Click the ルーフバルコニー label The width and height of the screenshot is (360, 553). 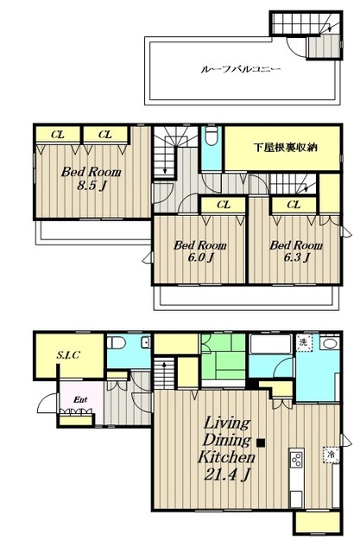pyautogui.click(x=241, y=69)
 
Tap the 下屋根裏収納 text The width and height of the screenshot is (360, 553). pyautogui.click(x=285, y=147)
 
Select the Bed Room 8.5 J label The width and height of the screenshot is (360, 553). pyautogui.click(x=92, y=178)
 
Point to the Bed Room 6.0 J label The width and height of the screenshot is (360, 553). pyautogui.click(x=200, y=251)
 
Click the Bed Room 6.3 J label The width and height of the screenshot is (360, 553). pyautogui.click(x=296, y=251)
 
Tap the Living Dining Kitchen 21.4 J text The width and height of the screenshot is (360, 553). pyautogui.click(x=226, y=449)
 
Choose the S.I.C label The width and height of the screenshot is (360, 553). pyautogui.click(x=68, y=354)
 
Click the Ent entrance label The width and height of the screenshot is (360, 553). pyautogui.click(x=80, y=399)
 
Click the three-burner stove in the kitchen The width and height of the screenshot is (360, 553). pyautogui.click(x=296, y=459)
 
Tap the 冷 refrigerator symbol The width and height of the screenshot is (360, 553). pyautogui.click(x=332, y=454)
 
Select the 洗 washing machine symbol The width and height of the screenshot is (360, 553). pyautogui.click(x=303, y=343)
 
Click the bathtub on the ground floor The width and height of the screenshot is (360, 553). pyautogui.click(x=270, y=344)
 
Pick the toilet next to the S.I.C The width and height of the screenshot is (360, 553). pyautogui.click(x=117, y=342)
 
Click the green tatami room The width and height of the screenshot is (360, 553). pyautogui.click(x=223, y=357)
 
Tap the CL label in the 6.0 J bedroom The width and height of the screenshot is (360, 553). pyautogui.click(x=224, y=205)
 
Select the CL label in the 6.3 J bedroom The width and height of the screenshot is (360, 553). pyautogui.click(x=294, y=205)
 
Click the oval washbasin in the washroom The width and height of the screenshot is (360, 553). pyautogui.click(x=330, y=343)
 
